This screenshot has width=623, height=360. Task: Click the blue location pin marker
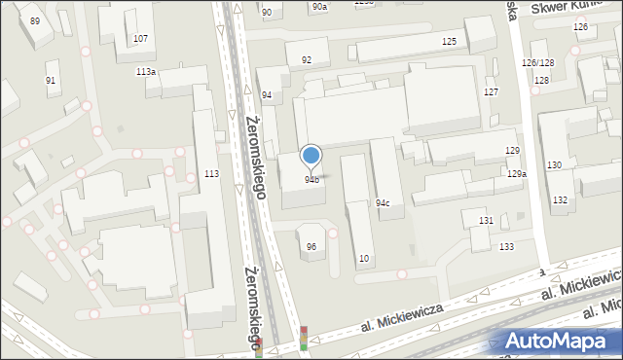[311, 156]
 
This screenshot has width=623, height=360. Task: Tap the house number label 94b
[311, 179]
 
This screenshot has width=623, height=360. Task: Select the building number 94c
[384, 203]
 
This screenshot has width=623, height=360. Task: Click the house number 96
[311, 246]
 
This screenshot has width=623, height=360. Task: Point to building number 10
[364, 258]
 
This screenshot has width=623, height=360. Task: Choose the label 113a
[146, 72]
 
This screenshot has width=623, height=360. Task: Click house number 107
[140, 39]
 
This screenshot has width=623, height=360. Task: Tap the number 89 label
[35, 20]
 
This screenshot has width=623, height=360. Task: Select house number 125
[449, 41]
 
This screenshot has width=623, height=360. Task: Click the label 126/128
[537, 62]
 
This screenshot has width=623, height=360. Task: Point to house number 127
[492, 91]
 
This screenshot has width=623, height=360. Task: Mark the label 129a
[517, 173]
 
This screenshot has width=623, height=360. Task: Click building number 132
[560, 199]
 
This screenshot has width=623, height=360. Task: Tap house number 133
[506, 247]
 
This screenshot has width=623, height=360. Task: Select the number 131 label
[486, 221]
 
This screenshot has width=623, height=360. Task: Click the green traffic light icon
[304, 345]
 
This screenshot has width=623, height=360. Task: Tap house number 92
[307, 60]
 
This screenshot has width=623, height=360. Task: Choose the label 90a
[320, 7]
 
